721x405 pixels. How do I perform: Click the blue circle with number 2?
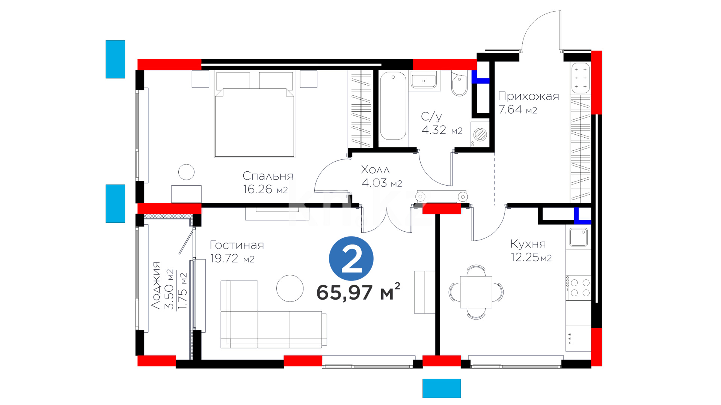351,258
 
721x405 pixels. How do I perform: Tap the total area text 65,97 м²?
358,292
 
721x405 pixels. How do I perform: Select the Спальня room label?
268,176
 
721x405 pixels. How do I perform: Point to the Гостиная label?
237,245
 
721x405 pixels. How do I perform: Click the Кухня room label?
528,244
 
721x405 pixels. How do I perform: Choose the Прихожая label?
528,96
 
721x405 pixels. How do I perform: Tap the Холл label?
375,169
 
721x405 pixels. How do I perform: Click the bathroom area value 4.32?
434,130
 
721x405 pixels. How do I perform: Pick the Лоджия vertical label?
156,285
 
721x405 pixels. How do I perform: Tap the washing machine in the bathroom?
480,134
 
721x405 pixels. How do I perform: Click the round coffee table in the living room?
290,288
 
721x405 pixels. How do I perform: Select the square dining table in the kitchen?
476,292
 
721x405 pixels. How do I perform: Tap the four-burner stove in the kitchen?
580,288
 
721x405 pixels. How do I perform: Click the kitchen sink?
578,237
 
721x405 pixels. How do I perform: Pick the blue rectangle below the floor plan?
442,388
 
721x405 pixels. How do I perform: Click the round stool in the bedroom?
186,172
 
